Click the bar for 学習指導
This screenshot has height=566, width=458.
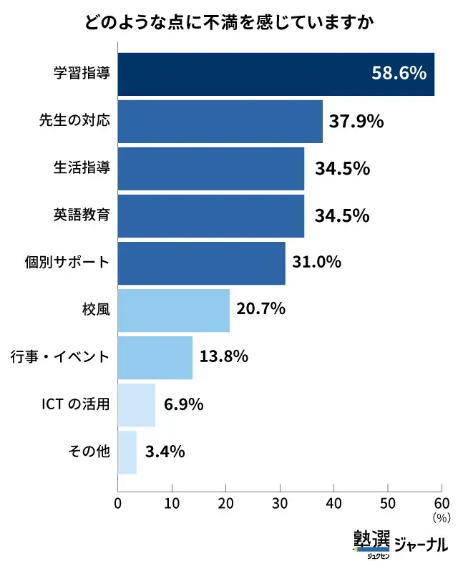click(276, 74)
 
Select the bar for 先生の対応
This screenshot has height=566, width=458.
click(220, 121)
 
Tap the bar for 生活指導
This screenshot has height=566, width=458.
click(210, 168)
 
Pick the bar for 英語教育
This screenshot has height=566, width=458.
click(210, 215)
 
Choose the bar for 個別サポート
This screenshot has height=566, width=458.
click(201, 263)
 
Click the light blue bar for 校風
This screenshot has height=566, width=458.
click(173, 310)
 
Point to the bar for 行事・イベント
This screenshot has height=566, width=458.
click(155, 357)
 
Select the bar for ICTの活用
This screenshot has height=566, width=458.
click(136, 404)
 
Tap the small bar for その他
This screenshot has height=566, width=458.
click(127, 452)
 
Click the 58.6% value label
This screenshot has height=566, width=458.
click(399, 74)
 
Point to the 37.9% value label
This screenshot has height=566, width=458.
click(356, 122)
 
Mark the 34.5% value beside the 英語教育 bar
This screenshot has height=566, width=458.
click(342, 216)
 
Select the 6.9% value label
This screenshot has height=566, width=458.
click(184, 405)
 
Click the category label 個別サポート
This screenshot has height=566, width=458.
click(67, 263)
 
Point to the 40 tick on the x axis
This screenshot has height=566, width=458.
click(333, 502)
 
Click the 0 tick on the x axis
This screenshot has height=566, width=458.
click(118, 502)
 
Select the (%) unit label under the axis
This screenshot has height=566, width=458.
click(440, 517)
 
